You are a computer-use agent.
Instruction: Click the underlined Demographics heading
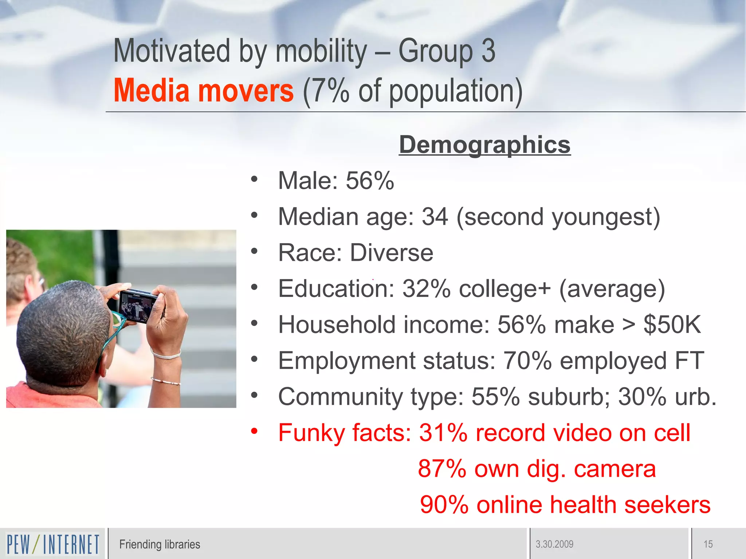(x=484, y=145)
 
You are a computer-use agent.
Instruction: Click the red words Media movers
(x=203, y=91)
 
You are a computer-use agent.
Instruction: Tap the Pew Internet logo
(x=53, y=544)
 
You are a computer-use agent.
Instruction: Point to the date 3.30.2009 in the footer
(x=554, y=544)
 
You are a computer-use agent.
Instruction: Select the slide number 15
(x=708, y=544)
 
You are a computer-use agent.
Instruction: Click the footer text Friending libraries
(x=160, y=544)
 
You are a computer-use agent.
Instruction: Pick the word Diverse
(x=392, y=253)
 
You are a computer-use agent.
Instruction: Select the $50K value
(x=672, y=325)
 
